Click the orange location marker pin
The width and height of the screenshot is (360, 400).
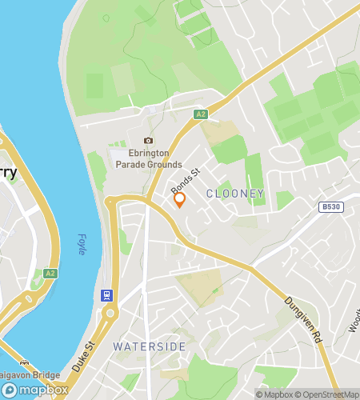tap(180, 199)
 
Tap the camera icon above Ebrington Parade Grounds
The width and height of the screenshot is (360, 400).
tap(147, 141)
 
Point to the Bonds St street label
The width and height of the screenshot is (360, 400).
tap(185, 178)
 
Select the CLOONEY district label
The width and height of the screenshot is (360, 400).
tap(234, 194)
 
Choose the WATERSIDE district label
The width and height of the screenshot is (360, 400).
tap(150, 346)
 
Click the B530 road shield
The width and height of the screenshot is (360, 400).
tap(330, 206)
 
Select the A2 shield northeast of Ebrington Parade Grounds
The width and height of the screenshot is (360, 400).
tap(200, 114)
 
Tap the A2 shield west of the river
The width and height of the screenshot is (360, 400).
tap(51, 273)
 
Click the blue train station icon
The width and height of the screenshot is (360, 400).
tap(105, 295)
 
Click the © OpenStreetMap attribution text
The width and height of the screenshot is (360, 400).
tap(329, 394)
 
